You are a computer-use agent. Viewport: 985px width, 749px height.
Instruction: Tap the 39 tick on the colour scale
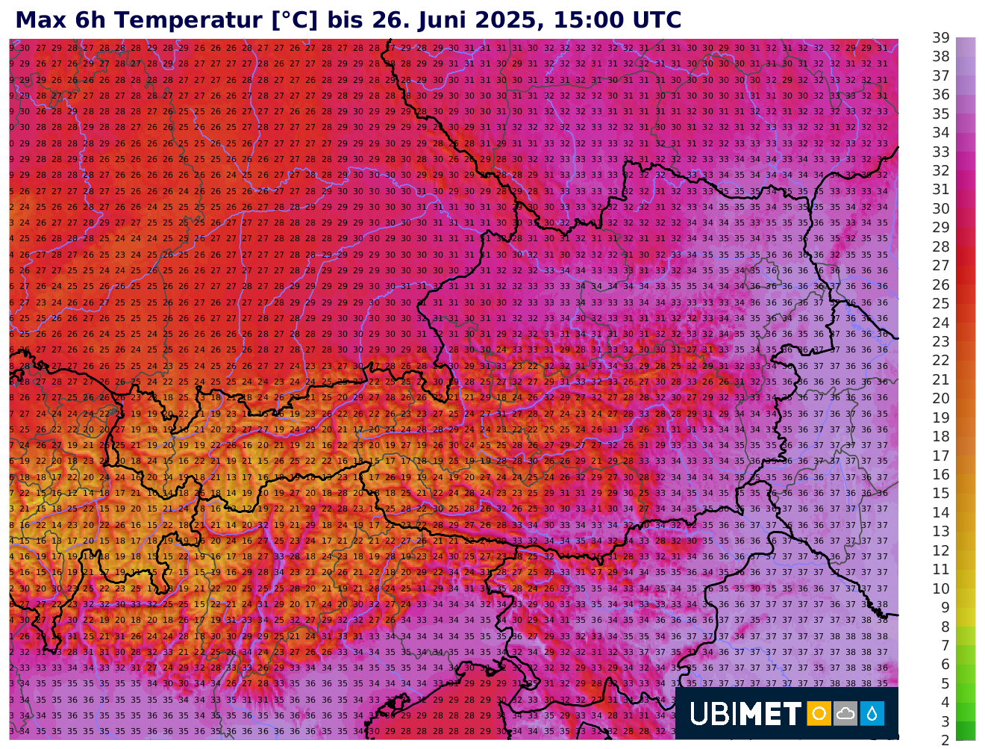click(x=941, y=38)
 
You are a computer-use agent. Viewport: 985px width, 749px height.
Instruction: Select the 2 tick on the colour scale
click(x=945, y=740)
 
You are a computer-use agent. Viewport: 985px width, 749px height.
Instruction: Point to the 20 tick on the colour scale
click(x=941, y=399)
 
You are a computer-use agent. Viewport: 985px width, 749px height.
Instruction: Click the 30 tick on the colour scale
click(x=941, y=209)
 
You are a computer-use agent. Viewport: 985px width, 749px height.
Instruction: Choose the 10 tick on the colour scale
click(x=941, y=588)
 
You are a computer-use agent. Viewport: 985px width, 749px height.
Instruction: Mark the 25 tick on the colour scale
click(x=941, y=304)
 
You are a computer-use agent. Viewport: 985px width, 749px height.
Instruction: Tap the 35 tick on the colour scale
click(x=941, y=114)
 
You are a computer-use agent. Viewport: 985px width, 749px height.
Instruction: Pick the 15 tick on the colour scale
click(x=941, y=494)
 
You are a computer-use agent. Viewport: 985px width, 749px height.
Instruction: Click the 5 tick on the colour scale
click(x=945, y=683)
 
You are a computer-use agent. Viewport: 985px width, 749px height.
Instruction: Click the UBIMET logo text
click(x=745, y=714)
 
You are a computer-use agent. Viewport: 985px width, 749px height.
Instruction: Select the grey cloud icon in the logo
click(x=845, y=713)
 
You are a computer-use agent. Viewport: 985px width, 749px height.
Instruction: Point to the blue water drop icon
click(x=872, y=713)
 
